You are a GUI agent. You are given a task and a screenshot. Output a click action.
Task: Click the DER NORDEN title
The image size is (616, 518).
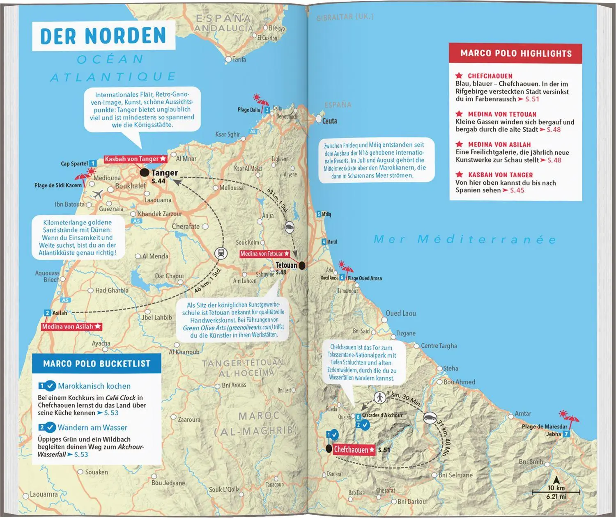103,36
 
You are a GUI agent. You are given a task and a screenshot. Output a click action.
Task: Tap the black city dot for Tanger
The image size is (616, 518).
144,173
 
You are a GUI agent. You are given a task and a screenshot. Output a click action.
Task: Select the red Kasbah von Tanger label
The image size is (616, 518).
135,159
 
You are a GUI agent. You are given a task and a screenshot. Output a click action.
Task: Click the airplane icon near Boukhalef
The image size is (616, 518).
98,194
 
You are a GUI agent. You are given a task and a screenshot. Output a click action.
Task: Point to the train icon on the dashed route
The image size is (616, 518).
221,253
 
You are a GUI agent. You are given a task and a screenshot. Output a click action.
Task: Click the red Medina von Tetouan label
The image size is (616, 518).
265,254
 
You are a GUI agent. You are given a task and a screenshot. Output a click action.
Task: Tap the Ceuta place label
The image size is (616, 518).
329,121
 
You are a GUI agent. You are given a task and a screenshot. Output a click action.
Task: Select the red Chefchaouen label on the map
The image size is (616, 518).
354,450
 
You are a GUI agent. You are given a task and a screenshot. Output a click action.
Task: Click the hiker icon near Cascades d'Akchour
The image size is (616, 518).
380,397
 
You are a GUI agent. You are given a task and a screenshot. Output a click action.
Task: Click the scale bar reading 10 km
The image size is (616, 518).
556,491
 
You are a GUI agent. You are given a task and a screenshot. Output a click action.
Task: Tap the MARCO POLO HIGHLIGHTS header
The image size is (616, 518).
515,53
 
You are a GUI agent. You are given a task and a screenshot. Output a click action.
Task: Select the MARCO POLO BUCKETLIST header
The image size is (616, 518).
97,364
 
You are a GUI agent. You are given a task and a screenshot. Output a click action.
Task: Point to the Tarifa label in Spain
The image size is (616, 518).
239,60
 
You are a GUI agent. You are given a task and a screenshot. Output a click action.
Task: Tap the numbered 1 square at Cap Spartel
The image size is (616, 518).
93,163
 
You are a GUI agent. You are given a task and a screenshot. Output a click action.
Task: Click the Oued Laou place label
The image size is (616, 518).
400,313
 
